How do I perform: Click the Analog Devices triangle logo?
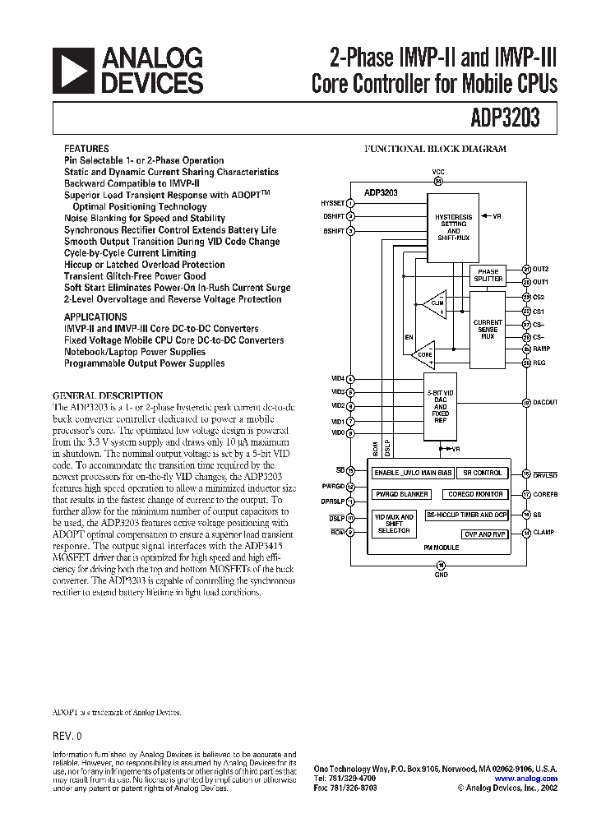[73, 70]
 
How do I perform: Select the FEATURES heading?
[86, 150]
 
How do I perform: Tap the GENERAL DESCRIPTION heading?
[108, 395]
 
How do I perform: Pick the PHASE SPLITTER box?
[488, 275]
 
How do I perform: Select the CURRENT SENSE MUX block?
[488, 329]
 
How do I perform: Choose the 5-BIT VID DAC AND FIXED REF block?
[441, 406]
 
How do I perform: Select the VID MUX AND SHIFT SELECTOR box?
[394, 525]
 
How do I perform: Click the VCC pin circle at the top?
[438, 181]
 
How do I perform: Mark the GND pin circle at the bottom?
[441, 565]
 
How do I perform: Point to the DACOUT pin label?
[545, 402]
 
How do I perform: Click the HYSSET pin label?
[332, 202]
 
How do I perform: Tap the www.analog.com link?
[525, 779]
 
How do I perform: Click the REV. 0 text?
[67, 736]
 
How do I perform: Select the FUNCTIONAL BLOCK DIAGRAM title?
[435, 150]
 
